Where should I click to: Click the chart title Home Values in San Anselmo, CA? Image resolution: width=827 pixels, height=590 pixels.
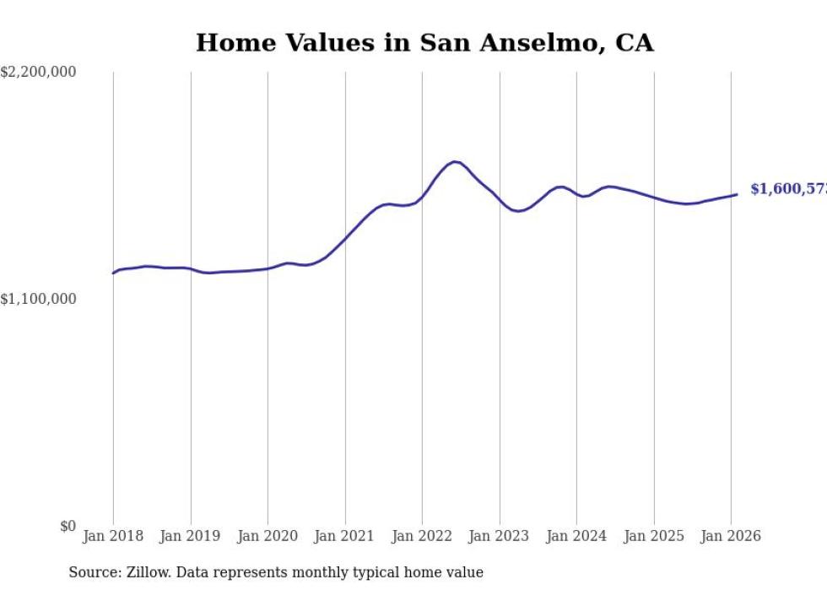pyautogui.click(x=424, y=42)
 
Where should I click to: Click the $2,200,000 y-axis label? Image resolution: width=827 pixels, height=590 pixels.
pyautogui.click(x=38, y=73)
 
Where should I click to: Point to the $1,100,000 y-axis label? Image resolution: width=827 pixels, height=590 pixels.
pyautogui.click(x=38, y=299)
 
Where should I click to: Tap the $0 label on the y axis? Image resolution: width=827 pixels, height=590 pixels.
pyautogui.click(x=68, y=526)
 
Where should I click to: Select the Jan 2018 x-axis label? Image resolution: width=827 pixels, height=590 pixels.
pyautogui.click(x=113, y=536)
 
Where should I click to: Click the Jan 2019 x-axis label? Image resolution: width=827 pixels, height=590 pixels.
pyautogui.click(x=191, y=536)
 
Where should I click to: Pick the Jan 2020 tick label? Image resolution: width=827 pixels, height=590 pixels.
pyautogui.click(x=268, y=536)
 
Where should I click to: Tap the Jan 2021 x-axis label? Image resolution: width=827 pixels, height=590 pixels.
pyautogui.click(x=345, y=536)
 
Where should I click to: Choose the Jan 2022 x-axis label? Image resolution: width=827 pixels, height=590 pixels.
pyautogui.click(x=422, y=536)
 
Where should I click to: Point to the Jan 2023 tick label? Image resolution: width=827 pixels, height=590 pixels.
pyautogui.click(x=500, y=536)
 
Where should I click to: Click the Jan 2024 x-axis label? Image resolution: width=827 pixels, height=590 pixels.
pyautogui.click(x=576, y=536)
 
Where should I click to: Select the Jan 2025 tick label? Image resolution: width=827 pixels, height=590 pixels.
pyautogui.click(x=654, y=536)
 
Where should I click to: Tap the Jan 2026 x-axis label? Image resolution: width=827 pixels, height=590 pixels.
pyautogui.click(x=731, y=536)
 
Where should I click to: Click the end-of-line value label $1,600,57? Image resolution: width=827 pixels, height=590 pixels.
pyautogui.click(x=788, y=189)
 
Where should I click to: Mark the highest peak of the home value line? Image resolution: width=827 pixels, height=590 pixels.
pyautogui.click(x=455, y=161)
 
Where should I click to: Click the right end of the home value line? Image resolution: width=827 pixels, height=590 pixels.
pyautogui.click(x=737, y=194)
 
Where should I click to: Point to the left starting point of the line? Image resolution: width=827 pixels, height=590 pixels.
pyautogui.click(x=113, y=273)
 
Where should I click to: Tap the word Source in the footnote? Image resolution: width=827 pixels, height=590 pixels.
pyautogui.click(x=93, y=572)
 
